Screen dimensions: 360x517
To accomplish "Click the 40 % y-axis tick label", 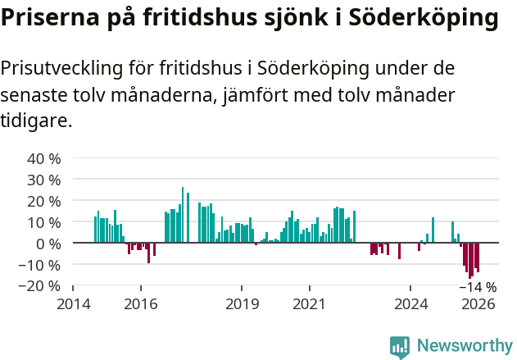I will pyautogui.click(x=44, y=158).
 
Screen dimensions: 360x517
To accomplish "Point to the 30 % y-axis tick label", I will pyautogui.click(x=44, y=180).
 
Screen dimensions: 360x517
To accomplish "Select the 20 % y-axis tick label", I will pyautogui.click(x=44, y=201).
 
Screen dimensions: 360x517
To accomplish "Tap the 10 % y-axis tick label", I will pyautogui.click(x=44, y=222).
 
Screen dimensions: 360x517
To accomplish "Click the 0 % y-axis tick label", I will pyautogui.click(x=48, y=244).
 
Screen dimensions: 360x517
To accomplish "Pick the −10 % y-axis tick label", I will pyautogui.click(x=41, y=265).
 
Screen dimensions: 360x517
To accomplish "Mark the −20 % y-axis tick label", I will pyautogui.click(x=41, y=286).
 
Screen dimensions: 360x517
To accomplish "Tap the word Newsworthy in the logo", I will pyautogui.click(x=465, y=345).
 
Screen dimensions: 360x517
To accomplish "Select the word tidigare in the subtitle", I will pyautogui.click(x=34, y=121).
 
